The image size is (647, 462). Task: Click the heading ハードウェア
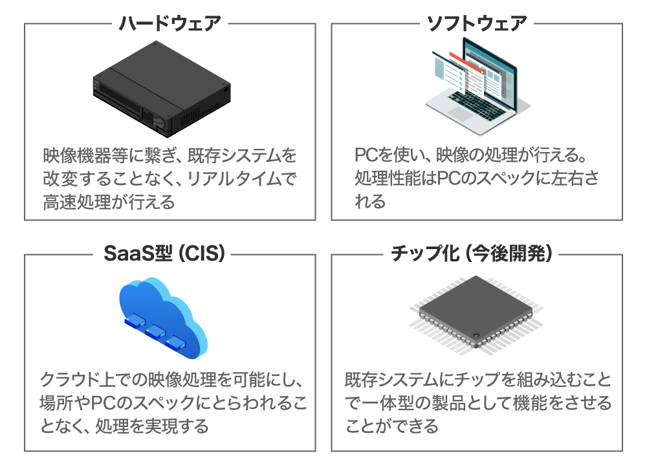(x=170, y=23)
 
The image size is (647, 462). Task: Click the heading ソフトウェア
(x=477, y=23)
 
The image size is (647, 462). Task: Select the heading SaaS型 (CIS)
(x=164, y=253)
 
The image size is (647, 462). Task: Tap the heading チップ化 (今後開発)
(x=471, y=253)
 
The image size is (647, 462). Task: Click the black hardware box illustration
(x=162, y=89)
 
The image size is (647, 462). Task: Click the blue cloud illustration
(x=163, y=318)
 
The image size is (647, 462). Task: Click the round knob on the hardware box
(x=160, y=122)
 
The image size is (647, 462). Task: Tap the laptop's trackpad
(x=461, y=113)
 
